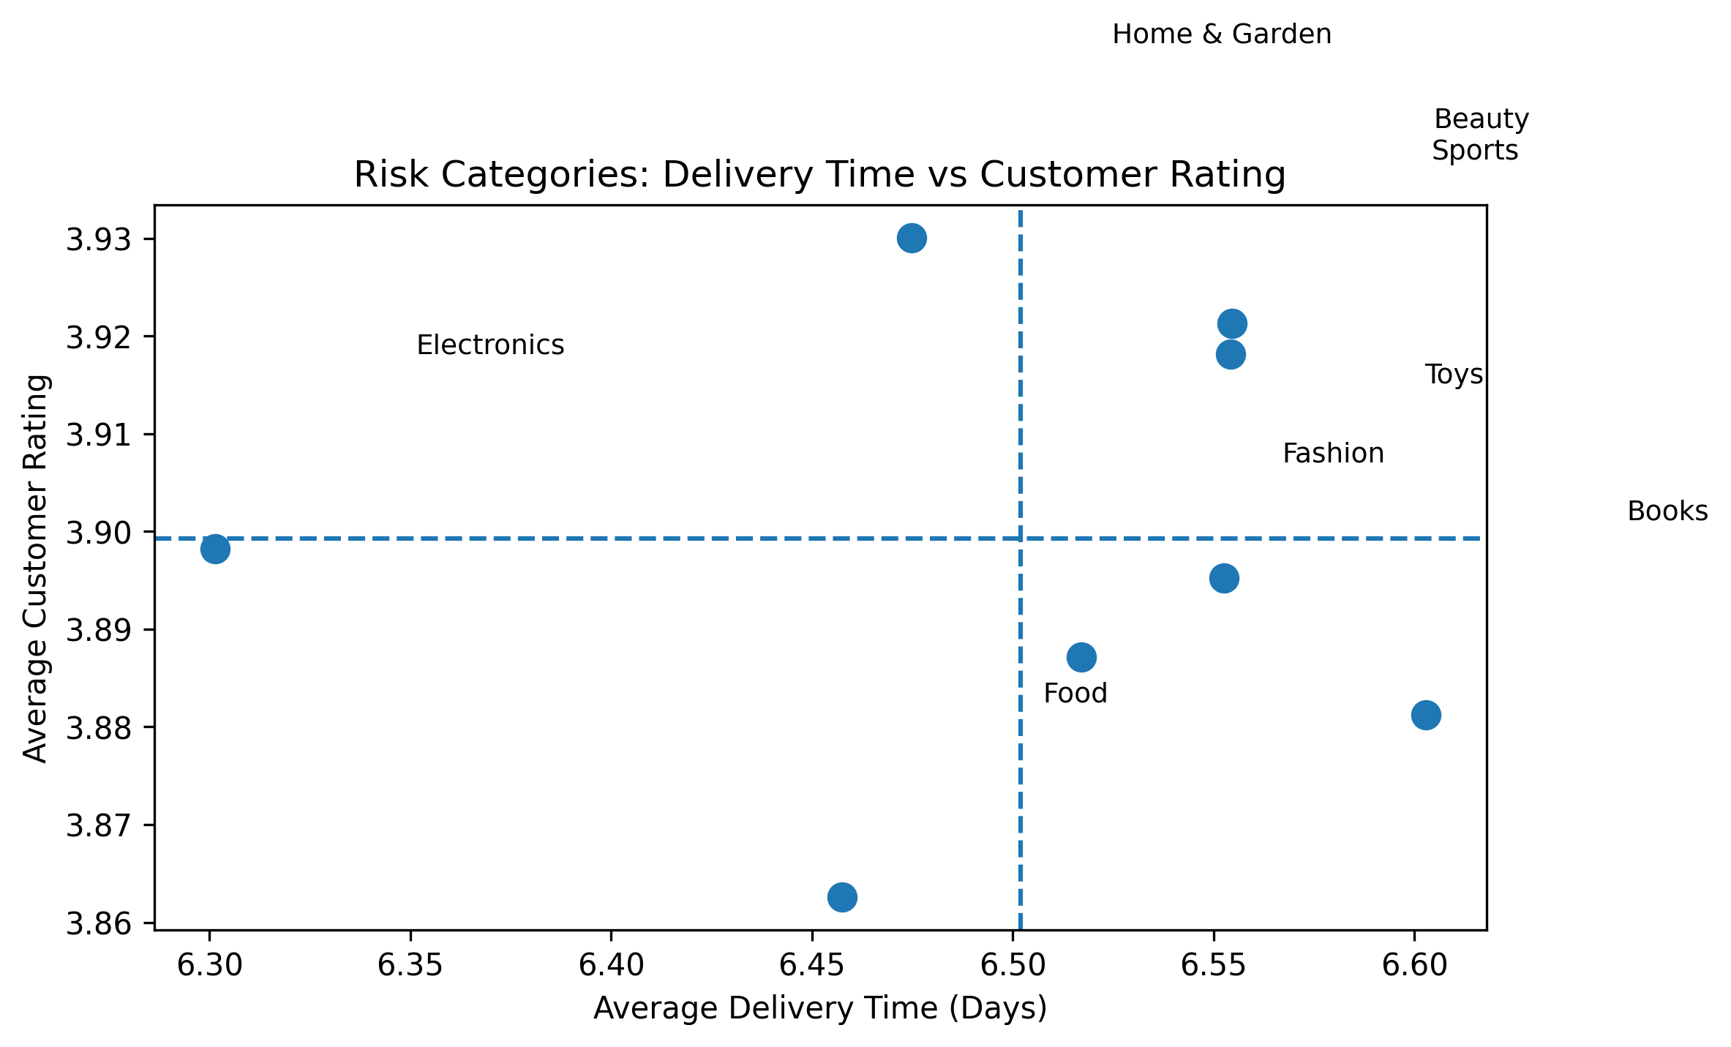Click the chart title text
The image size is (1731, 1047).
click(819, 176)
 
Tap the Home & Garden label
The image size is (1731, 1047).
click(1221, 34)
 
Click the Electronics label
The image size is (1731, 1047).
click(490, 345)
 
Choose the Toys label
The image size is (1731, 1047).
click(1453, 375)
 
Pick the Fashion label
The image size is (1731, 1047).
click(1333, 454)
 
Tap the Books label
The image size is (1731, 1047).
click(1667, 511)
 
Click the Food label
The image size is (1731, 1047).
click(1075, 693)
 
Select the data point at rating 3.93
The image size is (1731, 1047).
click(912, 239)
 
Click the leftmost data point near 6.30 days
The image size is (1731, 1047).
click(215, 548)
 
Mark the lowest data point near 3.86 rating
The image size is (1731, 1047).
click(842, 897)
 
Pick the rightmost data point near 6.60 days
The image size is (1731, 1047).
click(1426, 715)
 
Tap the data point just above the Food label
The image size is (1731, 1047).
click(1081, 657)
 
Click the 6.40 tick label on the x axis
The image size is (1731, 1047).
click(610, 966)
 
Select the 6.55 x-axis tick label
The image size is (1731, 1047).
click(1213, 966)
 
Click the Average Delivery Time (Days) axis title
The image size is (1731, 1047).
click(819, 1009)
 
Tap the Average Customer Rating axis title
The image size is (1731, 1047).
click(36, 568)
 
